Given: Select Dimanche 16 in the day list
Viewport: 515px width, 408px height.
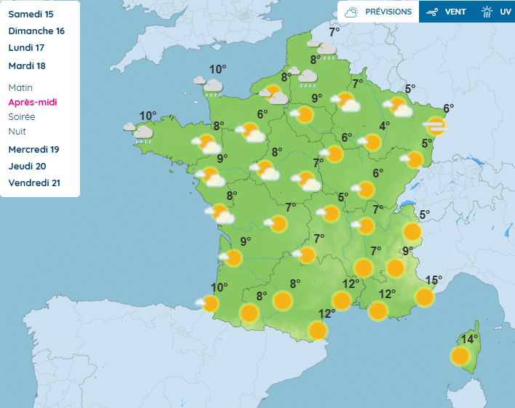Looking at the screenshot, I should (x=36, y=31).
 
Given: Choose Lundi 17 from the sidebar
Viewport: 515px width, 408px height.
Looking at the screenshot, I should (x=26, y=48).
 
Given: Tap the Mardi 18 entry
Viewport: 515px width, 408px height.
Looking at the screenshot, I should (x=27, y=65).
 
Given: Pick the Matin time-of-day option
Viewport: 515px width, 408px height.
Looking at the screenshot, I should (x=20, y=87).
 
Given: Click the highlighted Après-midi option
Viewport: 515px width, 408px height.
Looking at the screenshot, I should (x=32, y=102).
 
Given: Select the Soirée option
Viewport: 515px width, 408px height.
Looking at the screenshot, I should (x=22, y=116).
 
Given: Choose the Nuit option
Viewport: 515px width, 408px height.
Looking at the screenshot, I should (x=17, y=131).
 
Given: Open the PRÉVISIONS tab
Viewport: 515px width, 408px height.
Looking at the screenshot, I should (x=378, y=12).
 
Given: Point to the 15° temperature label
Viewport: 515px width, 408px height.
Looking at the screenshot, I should (x=434, y=280).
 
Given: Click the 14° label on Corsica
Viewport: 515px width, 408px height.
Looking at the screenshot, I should (x=469, y=339).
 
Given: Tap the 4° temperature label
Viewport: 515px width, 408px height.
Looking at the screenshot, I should (x=384, y=125).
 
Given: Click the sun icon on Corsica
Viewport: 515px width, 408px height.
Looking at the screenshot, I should (x=460, y=356).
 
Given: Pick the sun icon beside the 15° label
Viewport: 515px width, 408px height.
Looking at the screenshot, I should (x=424, y=297).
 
